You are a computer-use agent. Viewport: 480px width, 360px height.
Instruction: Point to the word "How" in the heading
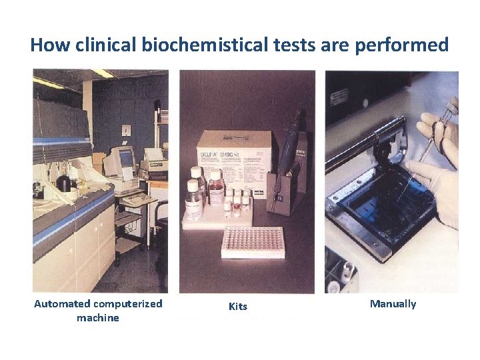coord(45,45)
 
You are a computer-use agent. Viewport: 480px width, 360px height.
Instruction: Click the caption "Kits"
coord(238,307)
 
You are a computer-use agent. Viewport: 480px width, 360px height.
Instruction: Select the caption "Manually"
coord(393,304)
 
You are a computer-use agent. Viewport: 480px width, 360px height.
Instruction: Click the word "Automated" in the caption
coord(62,304)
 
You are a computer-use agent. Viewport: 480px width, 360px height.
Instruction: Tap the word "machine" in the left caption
coord(98,318)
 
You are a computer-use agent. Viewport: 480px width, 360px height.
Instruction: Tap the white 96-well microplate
coord(252,241)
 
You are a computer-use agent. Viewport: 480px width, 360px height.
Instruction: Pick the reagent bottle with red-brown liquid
coord(215,190)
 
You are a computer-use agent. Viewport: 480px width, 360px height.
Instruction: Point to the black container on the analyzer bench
coord(64,183)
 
